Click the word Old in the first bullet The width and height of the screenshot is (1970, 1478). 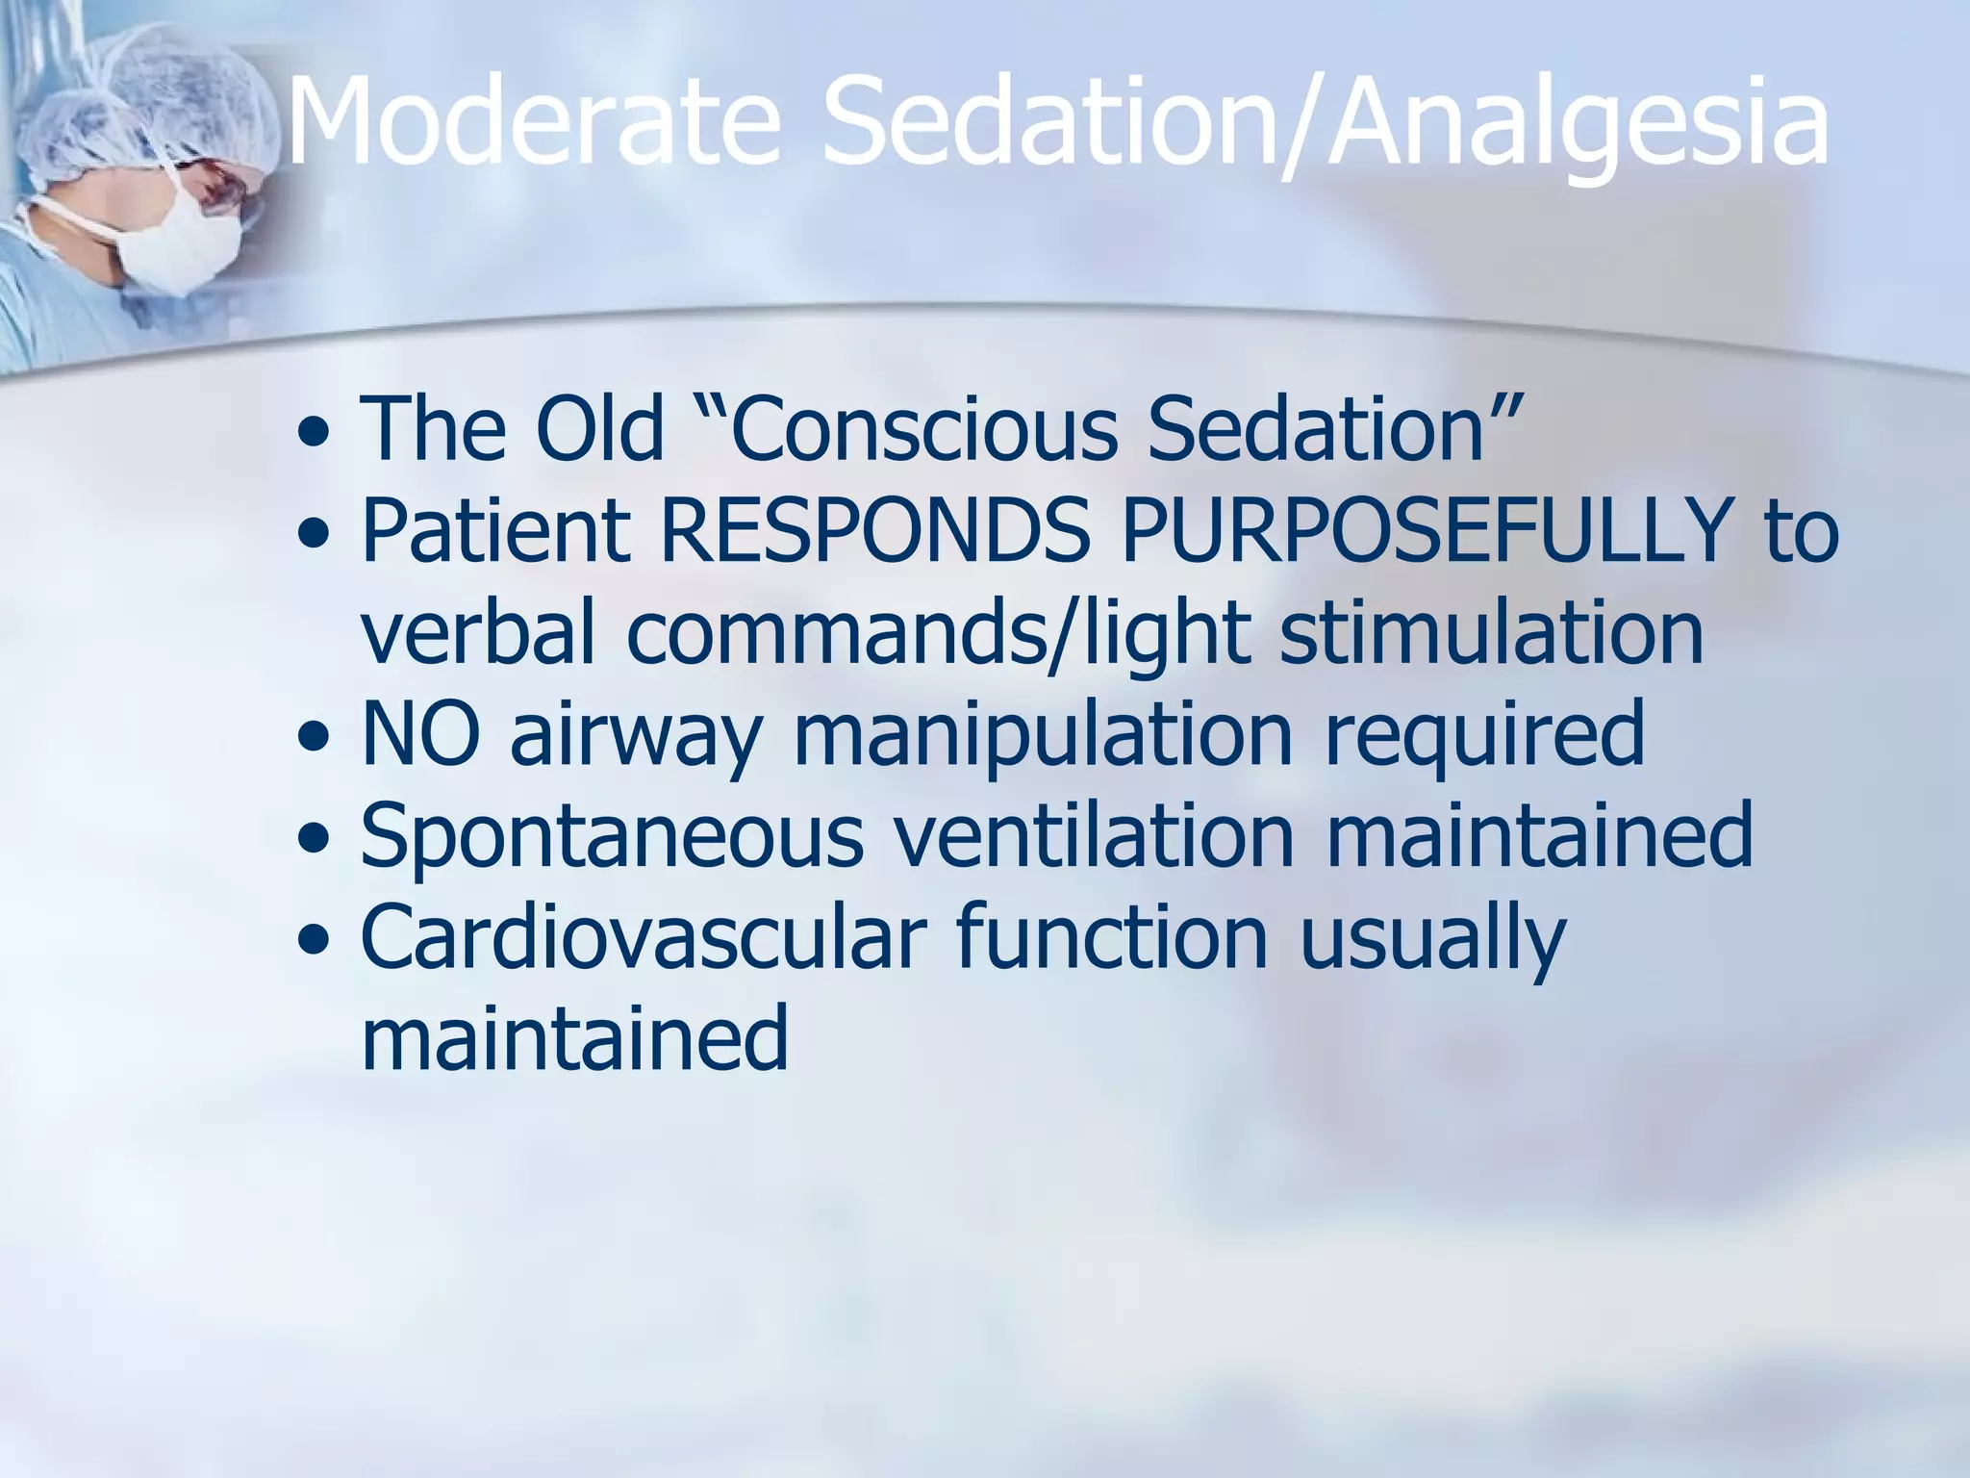point(598,428)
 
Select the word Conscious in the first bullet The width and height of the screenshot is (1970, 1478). point(923,428)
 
